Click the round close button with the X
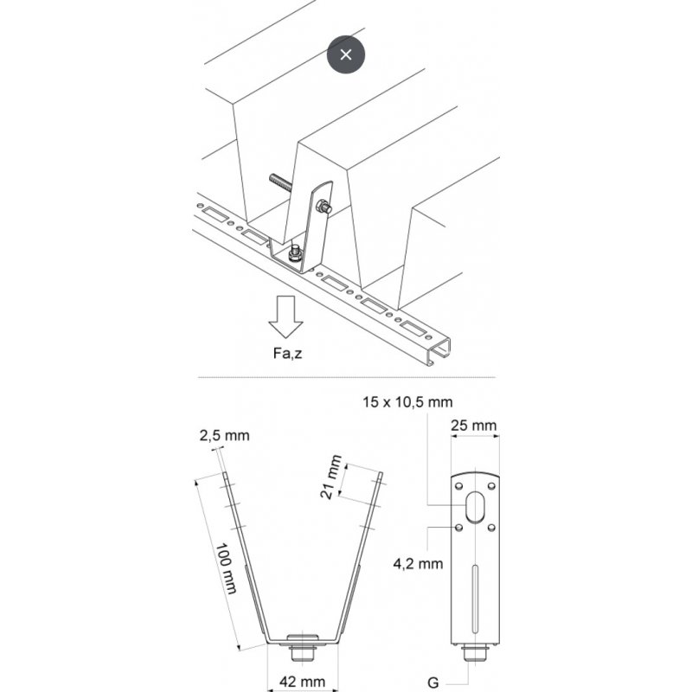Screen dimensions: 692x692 point(346,54)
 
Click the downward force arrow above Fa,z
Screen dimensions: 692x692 point(285,317)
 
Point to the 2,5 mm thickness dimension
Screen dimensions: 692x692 point(224,435)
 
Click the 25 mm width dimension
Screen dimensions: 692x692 point(474,425)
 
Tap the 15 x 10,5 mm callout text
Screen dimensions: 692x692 point(407,402)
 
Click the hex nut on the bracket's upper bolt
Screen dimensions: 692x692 point(323,207)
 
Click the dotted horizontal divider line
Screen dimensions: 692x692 point(346,378)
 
